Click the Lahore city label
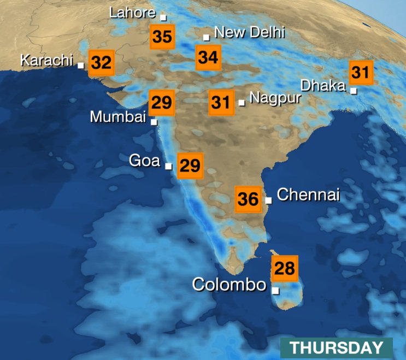pyautogui.click(x=133, y=13)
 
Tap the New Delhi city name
pyautogui.click(x=249, y=32)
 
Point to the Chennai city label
pyautogui.click(x=309, y=194)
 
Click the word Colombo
pyautogui.click(x=229, y=285)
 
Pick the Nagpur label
pyautogui.click(x=275, y=98)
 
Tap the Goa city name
pyautogui.click(x=144, y=161)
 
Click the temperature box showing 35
pyautogui.click(x=162, y=37)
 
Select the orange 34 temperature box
pyautogui.click(x=208, y=57)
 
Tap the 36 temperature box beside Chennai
pyautogui.click(x=248, y=199)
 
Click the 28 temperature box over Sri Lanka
pyautogui.click(x=285, y=268)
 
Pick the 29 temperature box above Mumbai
pyautogui.click(x=162, y=102)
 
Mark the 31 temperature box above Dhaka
pyautogui.click(x=361, y=72)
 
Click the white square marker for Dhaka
pyautogui.click(x=354, y=91)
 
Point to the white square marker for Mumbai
pyautogui.click(x=154, y=122)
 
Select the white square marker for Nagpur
pyautogui.click(x=242, y=102)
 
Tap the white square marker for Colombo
pyautogui.click(x=275, y=291)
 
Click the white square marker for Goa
pyautogui.click(x=168, y=166)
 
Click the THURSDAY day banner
pyautogui.click(x=336, y=347)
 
